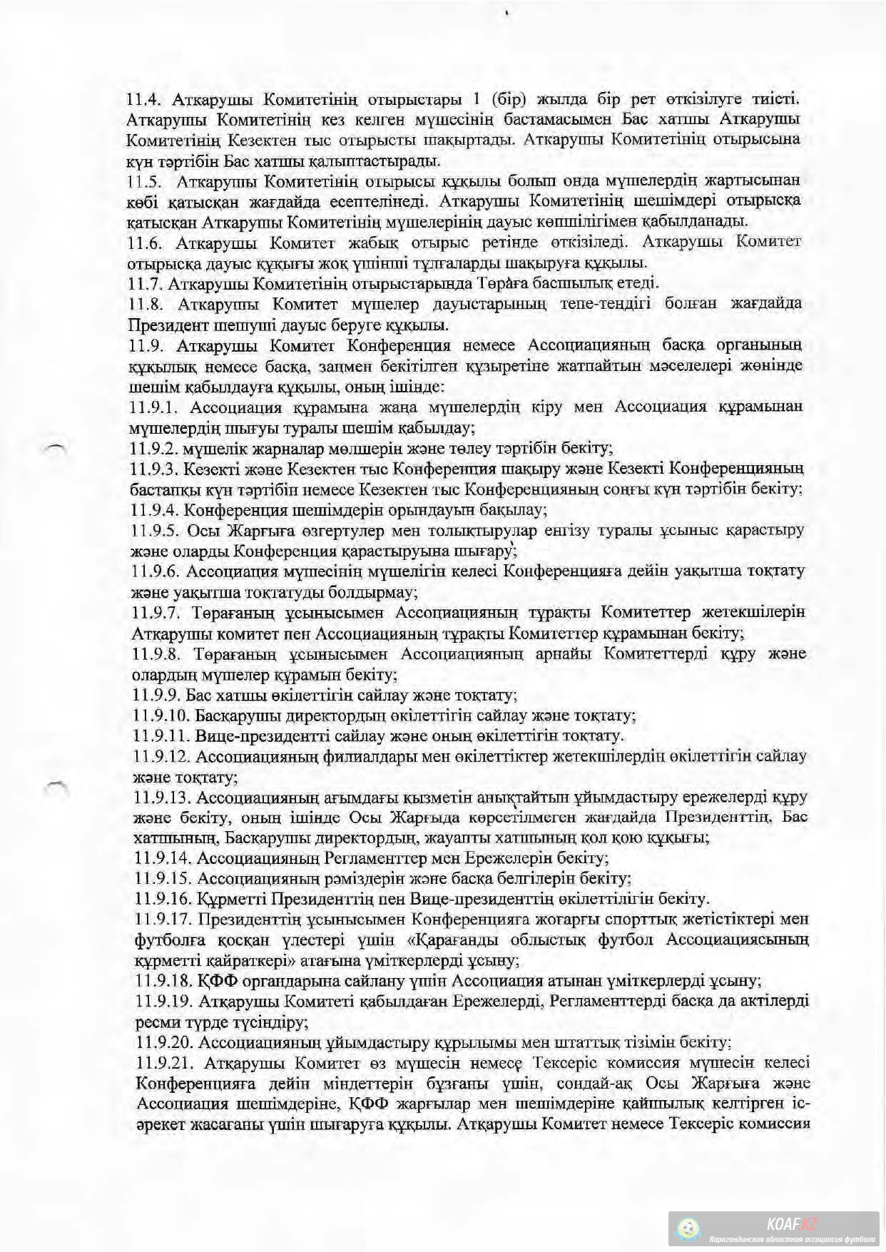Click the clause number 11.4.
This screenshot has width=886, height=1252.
pos(146,98)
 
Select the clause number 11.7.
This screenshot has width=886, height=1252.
pos(146,283)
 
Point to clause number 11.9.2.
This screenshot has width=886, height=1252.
pos(154,449)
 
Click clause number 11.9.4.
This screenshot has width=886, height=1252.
pos(154,510)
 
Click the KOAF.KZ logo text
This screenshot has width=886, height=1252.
pos(792,1224)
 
